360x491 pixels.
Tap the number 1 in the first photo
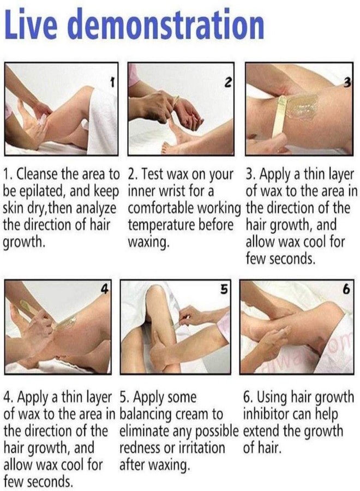(x=112, y=83)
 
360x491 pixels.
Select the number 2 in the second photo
(x=228, y=82)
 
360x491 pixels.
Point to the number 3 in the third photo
(x=347, y=82)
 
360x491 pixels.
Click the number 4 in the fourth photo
(x=105, y=289)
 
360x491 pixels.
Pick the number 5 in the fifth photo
(x=224, y=289)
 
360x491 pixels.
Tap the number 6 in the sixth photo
(x=346, y=289)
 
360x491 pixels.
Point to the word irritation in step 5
(x=201, y=448)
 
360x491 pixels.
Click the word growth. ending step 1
(x=22, y=243)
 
